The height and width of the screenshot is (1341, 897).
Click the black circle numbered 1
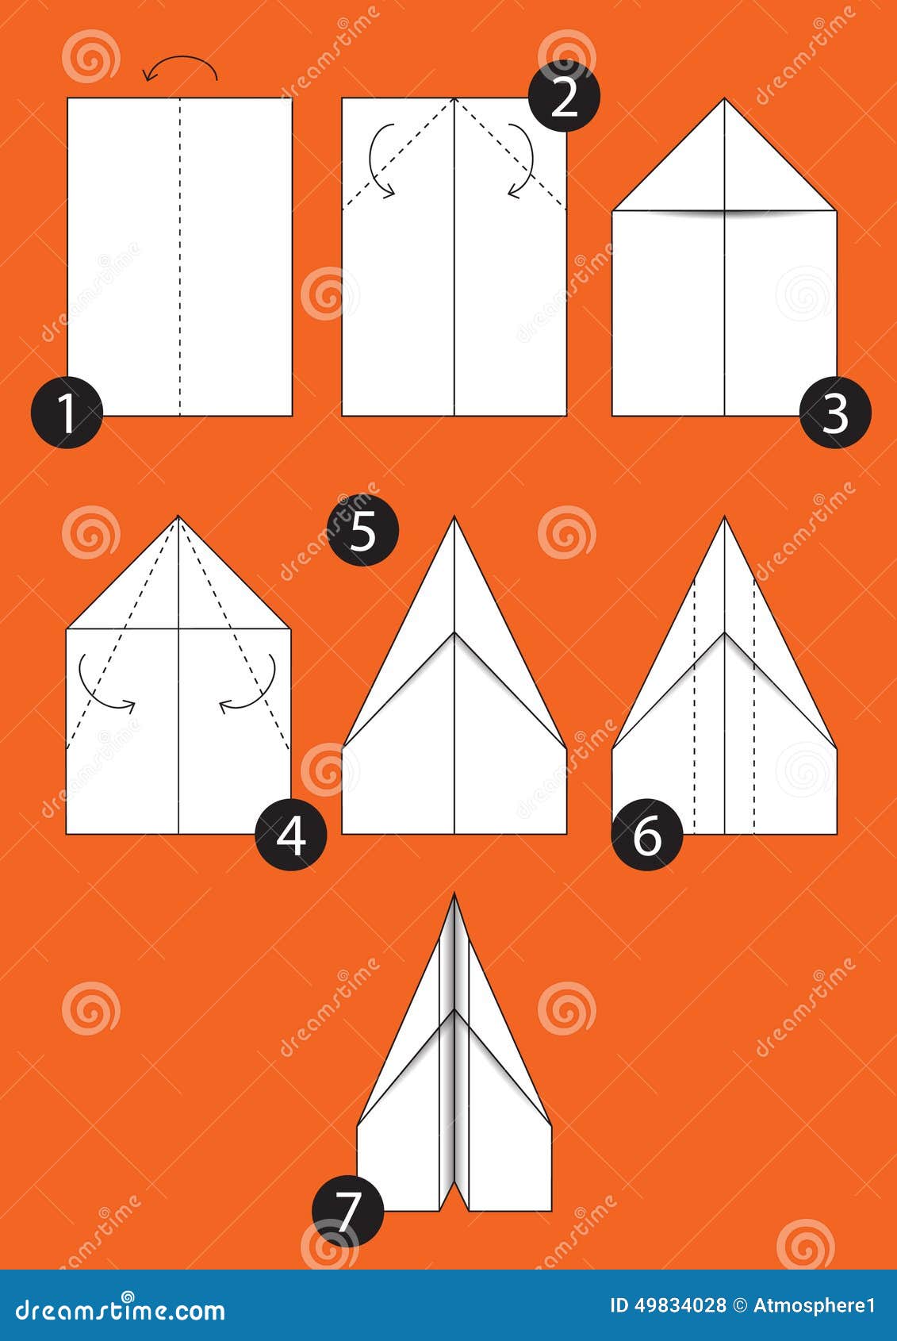67,412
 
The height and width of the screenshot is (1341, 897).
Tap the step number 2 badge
564,97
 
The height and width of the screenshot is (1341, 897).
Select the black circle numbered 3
835,412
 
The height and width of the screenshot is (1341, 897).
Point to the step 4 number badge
291,835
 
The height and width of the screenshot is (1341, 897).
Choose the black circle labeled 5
362,530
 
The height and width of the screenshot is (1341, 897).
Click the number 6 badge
647,835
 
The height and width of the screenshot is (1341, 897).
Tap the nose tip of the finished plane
454,894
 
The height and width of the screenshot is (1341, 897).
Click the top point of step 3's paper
725,98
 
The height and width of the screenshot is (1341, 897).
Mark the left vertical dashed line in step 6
695,707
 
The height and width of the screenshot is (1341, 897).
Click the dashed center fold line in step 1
179,256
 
